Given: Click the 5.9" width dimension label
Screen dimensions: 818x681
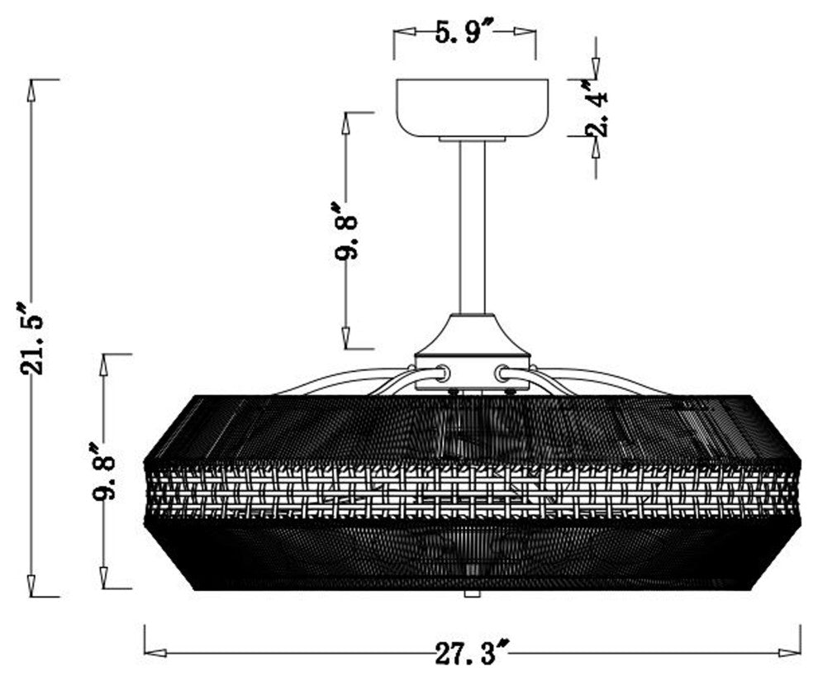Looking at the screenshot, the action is coord(464,33).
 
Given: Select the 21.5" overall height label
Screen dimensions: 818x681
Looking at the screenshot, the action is coord(33,338).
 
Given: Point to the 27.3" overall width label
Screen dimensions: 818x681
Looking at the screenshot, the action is coord(472,652).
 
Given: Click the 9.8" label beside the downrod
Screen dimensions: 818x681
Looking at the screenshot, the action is coord(347,231).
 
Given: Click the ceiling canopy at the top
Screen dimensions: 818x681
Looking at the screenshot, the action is coord(472,108).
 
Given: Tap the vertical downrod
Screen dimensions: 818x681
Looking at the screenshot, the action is coord(472,227).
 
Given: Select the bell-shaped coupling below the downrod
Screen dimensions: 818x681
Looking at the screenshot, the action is coord(472,334).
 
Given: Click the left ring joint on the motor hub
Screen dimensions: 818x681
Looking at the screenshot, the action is coord(443,373).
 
